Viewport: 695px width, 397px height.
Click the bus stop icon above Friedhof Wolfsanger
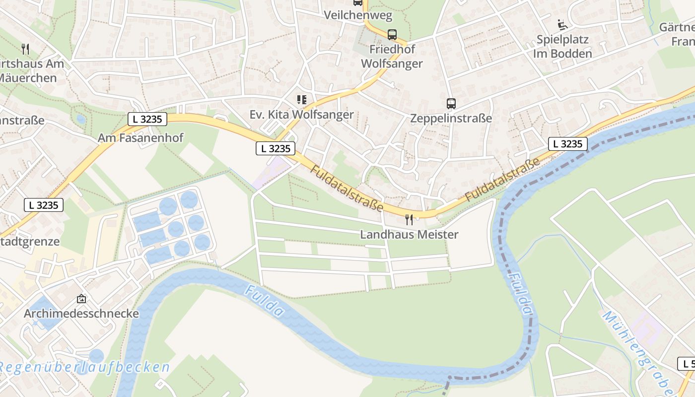click(x=392, y=35)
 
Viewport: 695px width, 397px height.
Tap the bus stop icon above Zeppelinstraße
click(x=451, y=104)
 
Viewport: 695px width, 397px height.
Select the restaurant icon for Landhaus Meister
click(x=409, y=220)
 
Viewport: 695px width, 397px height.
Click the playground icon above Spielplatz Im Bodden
click(x=562, y=24)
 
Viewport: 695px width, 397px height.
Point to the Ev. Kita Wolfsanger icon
click(x=301, y=100)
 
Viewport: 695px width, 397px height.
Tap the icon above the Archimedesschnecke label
click(x=81, y=299)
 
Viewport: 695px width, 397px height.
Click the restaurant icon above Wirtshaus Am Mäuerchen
click(x=26, y=49)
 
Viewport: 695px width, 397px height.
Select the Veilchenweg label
click(x=357, y=15)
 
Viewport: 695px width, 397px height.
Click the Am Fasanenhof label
click(x=140, y=138)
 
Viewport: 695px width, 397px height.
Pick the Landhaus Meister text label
click(x=409, y=234)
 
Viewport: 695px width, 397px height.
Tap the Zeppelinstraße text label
click(x=451, y=118)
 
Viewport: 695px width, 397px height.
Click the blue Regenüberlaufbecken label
click(x=84, y=367)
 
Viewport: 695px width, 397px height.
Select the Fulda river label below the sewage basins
click(x=264, y=301)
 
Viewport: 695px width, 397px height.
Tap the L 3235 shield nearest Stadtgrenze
click(x=44, y=205)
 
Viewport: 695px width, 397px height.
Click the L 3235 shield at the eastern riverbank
click(x=568, y=144)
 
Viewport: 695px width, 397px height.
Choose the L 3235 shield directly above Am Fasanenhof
click(x=147, y=119)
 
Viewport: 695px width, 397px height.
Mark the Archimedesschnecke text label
click(x=81, y=314)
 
